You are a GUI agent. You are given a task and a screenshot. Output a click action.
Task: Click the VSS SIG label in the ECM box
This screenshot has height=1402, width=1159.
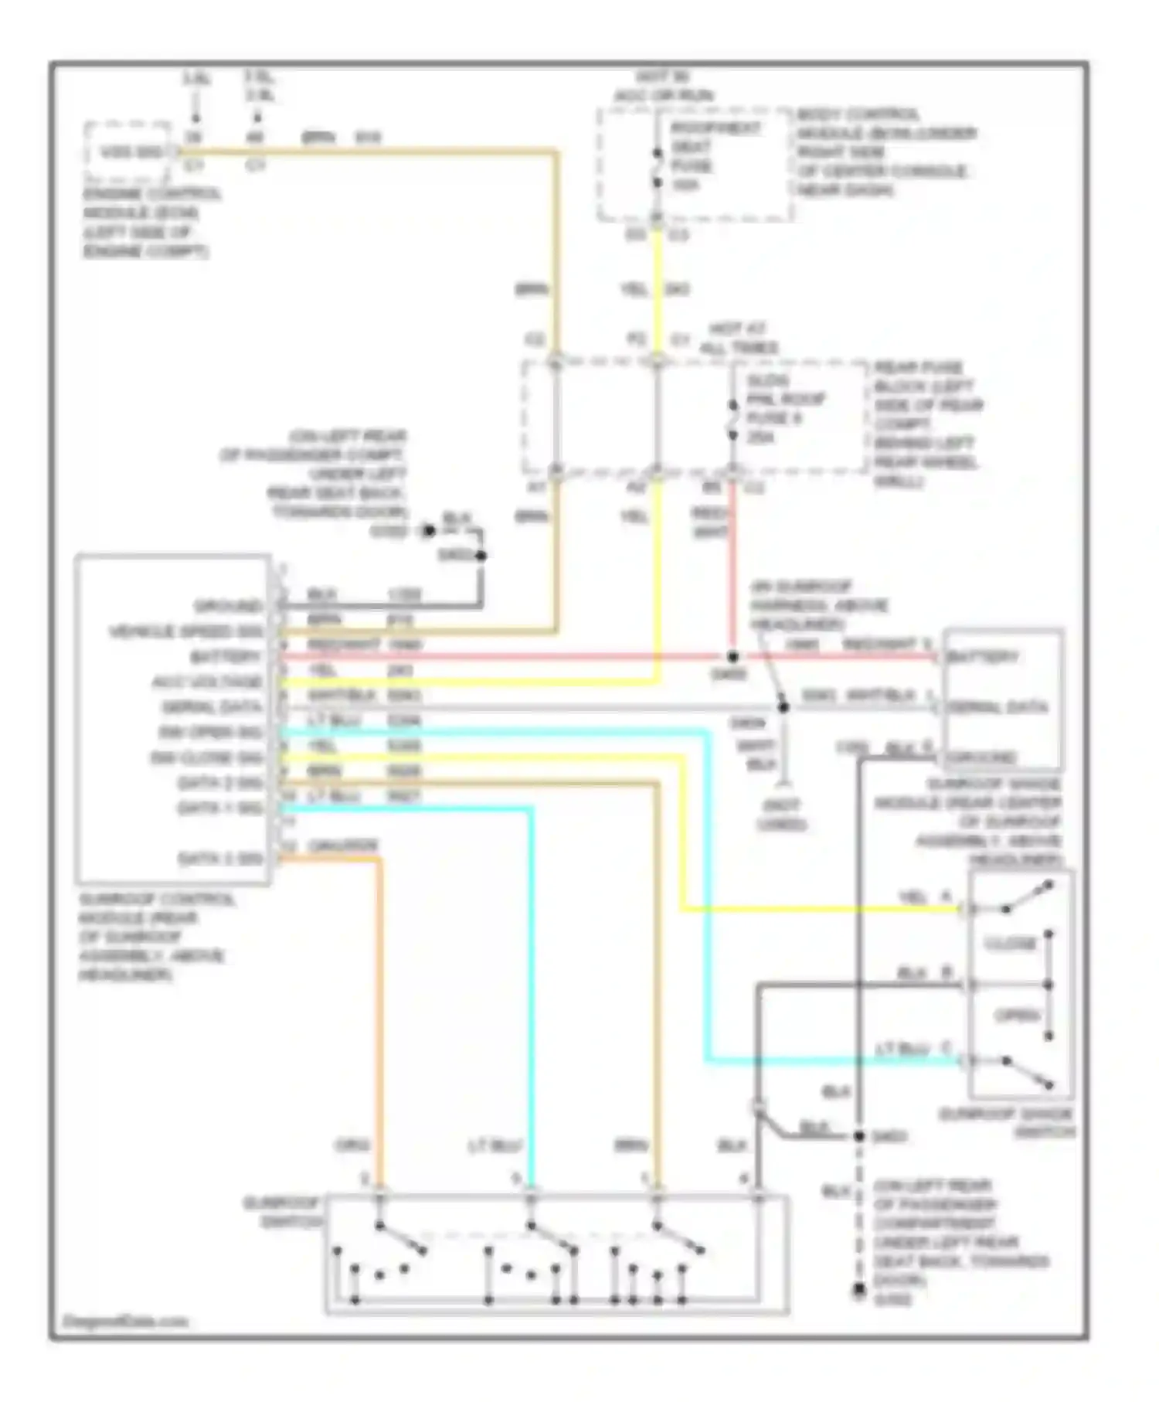tap(131, 152)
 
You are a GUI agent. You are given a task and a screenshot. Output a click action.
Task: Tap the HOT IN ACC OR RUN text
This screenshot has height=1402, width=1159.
tap(663, 87)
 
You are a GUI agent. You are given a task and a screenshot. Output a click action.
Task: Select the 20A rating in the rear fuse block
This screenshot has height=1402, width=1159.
tap(761, 437)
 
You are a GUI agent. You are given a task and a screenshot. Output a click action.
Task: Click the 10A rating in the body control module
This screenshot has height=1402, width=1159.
tap(685, 185)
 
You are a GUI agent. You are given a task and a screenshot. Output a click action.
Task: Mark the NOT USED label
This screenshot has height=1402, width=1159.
tap(781, 815)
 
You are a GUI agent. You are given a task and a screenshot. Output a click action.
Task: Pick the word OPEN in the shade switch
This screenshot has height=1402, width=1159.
tap(1018, 1015)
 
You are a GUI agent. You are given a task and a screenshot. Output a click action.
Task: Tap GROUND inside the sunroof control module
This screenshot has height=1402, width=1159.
tap(228, 605)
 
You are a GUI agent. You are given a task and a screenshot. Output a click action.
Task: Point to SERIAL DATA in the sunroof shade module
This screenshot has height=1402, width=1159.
tap(998, 707)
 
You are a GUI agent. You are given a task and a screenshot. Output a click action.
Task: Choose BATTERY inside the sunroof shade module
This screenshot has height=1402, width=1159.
tap(982, 657)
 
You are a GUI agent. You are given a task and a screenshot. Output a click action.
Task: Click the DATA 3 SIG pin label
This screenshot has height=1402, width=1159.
tap(220, 859)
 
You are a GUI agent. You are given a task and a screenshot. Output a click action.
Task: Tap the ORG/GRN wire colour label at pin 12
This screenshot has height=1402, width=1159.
tap(342, 846)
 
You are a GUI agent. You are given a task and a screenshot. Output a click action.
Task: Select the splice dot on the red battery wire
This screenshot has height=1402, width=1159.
tap(732, 657)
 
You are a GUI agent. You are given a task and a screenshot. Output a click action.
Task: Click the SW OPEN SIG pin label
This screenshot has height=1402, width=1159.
tap(211, 732)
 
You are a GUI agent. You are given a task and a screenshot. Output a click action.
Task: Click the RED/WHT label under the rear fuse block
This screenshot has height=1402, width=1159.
tap(709, 522)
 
